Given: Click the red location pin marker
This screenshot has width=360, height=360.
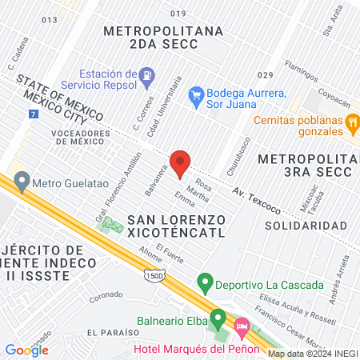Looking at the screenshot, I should pos(181,163).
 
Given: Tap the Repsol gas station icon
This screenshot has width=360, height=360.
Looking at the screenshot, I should pos(146,77).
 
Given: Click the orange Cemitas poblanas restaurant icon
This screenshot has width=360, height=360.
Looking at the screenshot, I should pos(350,122).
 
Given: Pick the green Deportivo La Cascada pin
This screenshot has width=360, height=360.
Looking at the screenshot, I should pos(205,284).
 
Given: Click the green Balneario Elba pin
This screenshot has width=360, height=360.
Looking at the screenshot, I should pos(217,316).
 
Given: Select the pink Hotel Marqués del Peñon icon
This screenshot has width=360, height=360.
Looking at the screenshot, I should pos(241,326).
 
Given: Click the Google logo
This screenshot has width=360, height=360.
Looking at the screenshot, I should pos(26,350).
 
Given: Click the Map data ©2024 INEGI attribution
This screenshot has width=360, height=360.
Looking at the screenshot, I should pos(312,354).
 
